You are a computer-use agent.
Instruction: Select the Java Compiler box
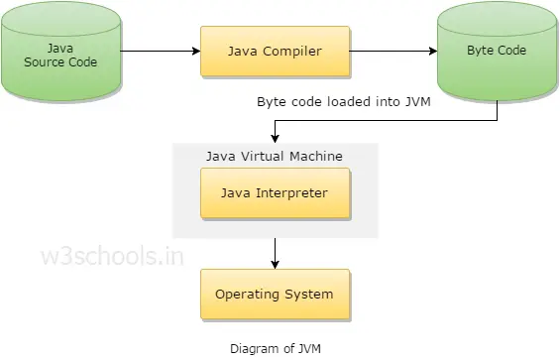click(x=274, y=50)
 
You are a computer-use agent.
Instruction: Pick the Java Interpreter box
click(x=275, y=192)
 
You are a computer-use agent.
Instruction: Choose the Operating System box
click(x=275, y=294)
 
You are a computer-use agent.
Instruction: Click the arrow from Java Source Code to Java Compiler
click(x=160, y=50)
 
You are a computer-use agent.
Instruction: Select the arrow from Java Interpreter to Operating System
click(x=275, y=252)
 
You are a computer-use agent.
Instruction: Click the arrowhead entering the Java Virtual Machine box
click(x=275, y=138)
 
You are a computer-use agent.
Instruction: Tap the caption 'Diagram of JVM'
click(x=275, y=348)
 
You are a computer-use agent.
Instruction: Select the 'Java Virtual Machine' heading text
click(x=274, y=156)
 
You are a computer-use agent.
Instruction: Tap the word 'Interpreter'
click(x=292, y=192)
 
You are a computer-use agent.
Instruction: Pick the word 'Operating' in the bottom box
click(x=247, y=294)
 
